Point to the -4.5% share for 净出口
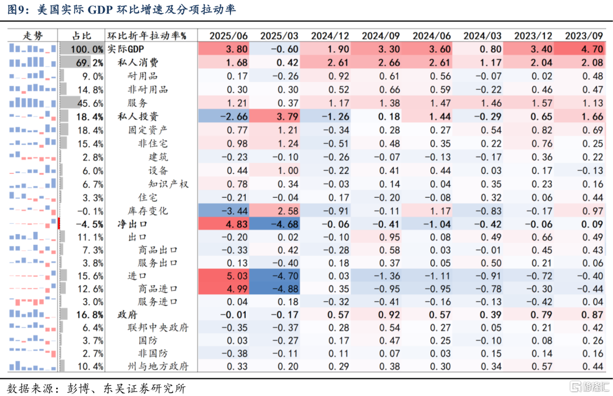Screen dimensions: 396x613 [90, 224]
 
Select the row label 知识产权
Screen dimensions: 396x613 [169, 184]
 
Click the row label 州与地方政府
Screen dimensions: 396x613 [158, 366]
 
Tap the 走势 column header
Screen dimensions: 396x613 [33, 36]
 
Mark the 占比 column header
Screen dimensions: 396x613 [82, 36]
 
